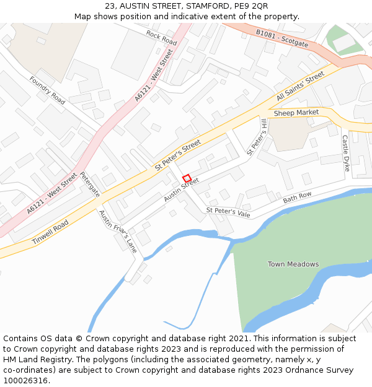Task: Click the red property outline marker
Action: click(x=187, y=178)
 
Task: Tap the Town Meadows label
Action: click(x=293, y=264)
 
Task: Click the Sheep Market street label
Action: click(x=296, y=113)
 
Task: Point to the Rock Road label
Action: click(x=161, y=37)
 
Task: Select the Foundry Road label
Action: click(x=47, y=90)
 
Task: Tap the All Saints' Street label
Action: click(x=301, y=87)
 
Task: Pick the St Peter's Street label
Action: click(x=178, y=155)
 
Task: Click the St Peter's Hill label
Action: click(x=256, y=137)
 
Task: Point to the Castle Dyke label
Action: click(x=346, y=154)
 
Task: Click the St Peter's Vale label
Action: click(x=228, y=212)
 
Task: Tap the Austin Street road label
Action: click(x=181, y=190)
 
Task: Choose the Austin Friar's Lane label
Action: click(x=118, y=231)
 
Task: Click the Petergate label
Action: click(x=90, y=185)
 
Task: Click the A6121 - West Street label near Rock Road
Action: click(x=153, y=76)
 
